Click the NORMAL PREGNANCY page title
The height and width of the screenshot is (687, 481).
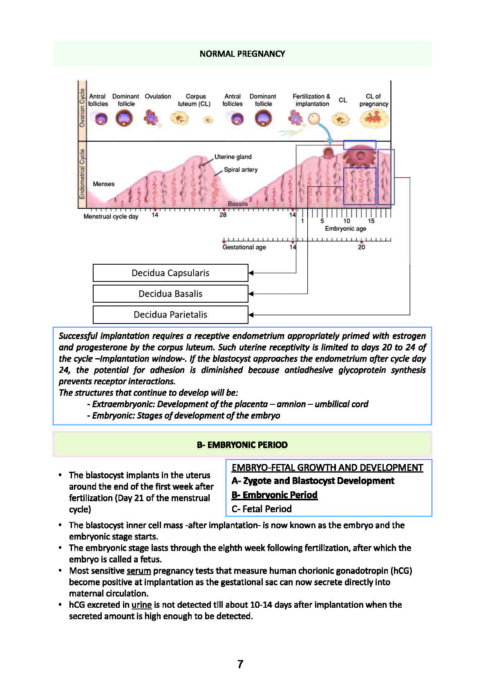point(242,54)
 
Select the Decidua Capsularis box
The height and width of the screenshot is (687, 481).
point(170,273)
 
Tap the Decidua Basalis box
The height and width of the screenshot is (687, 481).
point(170,294)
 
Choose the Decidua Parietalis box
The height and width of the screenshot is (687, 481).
point(170,315)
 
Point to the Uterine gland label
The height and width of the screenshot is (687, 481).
point(233,157)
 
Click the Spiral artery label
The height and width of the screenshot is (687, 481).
point(241,170)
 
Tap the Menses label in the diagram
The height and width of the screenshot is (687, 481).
point(103,184)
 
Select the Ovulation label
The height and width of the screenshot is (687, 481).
point(158,96)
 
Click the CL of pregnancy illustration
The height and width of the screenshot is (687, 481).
point(374,119)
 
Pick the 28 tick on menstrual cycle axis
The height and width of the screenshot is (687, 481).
point(223,215)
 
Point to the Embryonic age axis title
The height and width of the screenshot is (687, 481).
point(345,228)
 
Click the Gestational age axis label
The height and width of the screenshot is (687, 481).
point(244,247)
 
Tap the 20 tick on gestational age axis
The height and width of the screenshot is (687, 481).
point(361,247)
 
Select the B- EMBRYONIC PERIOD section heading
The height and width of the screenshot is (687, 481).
point(242,445)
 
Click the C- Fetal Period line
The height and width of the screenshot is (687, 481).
point(262,509)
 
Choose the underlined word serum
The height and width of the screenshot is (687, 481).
point(139,571)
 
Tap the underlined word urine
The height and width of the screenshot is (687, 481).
point(141,604)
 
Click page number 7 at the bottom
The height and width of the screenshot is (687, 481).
point(240,664)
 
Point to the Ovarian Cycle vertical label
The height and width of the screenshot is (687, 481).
point(82,108)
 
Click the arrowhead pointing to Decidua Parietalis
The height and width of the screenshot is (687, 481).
point(251,315)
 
